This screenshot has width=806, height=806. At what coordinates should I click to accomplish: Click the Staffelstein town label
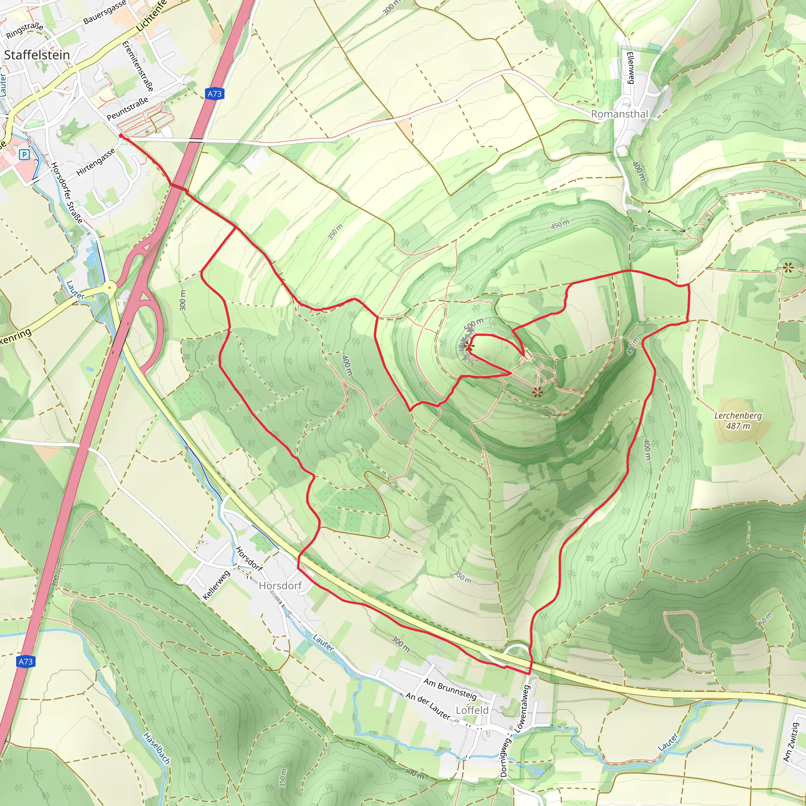click(37, 55)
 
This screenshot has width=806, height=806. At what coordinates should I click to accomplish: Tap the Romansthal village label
click(619, 114)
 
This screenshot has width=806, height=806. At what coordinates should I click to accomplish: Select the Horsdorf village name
click(280, 586)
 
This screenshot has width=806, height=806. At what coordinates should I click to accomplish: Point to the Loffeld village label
click(472, 710)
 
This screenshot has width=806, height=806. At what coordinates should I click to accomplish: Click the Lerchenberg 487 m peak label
click(738, 421)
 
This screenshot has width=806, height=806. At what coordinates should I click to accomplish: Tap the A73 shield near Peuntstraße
click(215, 94)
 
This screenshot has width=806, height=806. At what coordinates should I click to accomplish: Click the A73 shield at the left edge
click(26, 661)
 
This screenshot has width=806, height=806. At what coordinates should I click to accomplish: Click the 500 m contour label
click(473, 324)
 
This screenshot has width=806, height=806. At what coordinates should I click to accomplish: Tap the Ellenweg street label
click(630, 68)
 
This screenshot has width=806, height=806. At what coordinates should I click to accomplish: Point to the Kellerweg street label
click(216, 585)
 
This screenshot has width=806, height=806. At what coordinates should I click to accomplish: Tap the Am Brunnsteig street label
click(450, 689)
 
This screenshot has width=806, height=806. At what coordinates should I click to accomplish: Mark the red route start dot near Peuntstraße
click(120, 136)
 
